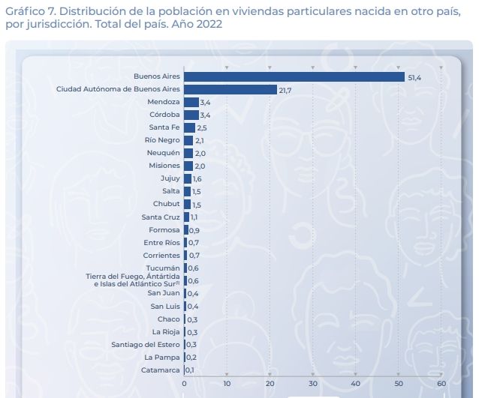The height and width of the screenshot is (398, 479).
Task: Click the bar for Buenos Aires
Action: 294,76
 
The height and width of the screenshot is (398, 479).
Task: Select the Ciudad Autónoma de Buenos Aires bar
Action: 230,89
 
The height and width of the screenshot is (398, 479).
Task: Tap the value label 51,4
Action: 414,77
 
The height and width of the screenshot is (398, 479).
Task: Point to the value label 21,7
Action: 286,90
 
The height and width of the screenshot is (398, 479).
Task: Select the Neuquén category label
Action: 164,153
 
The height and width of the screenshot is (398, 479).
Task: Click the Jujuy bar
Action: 188,178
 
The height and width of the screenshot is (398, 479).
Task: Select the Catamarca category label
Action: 160,370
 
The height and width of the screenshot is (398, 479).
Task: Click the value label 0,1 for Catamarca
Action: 191,370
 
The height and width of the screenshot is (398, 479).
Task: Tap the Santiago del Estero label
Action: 145,344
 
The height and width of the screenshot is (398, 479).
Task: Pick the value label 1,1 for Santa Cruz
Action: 194,217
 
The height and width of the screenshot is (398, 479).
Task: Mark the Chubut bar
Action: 187,204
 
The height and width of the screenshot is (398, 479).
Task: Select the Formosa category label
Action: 164,230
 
